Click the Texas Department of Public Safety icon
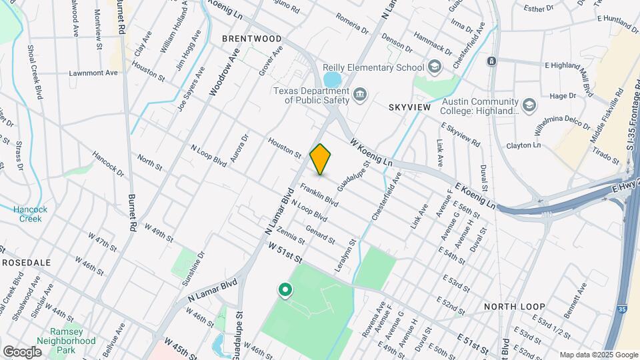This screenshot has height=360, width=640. [x=361, y=95]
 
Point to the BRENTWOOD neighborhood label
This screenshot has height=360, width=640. [x=252, y=39]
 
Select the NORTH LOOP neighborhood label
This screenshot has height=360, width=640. [x=515, y=306]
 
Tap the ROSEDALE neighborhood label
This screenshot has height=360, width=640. [x=27, y=263]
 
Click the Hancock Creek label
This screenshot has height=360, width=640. [x=27, y=214]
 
